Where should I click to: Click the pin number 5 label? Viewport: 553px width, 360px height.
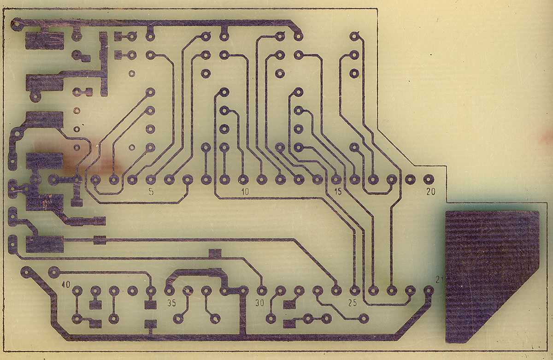[x=151, y=192]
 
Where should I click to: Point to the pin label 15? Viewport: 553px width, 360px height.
[x=337, y=192]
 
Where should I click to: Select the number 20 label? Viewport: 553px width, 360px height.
[x=431, y=192]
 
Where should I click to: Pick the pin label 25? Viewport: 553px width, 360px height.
[x=352, y=303]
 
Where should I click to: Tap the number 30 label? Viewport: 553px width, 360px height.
[x=259, y=303]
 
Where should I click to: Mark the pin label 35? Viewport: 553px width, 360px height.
[x=171, y=303]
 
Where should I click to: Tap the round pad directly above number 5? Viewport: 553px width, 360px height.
[x=150, y=179]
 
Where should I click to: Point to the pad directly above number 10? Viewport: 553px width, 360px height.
[x=243, y=179]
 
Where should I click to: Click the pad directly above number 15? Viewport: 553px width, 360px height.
[x=336, y=179]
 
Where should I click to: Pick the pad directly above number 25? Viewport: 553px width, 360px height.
[x=354, y=291]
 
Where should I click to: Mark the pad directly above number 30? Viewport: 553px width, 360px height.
[x=262, y=291]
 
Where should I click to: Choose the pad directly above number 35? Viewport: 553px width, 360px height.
[x=170, y=291]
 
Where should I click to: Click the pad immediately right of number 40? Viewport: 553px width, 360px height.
[x=77, y=291]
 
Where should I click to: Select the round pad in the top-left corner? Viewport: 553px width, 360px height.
[x=15, y=24]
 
